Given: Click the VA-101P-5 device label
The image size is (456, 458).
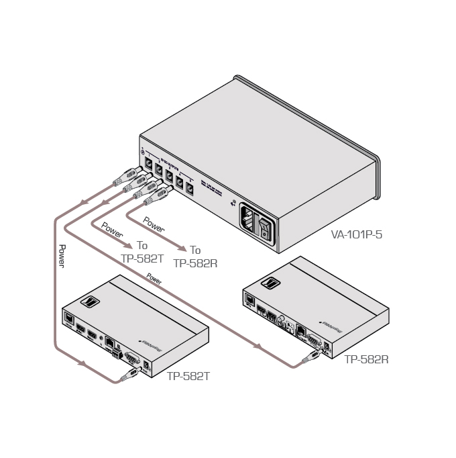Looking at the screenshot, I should [356, 236].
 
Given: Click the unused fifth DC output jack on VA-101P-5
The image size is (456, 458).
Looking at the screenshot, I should [190, 188].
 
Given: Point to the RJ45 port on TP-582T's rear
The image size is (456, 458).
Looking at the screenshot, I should [108, 343].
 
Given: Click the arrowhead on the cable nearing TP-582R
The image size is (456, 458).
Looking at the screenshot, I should [256, 346].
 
